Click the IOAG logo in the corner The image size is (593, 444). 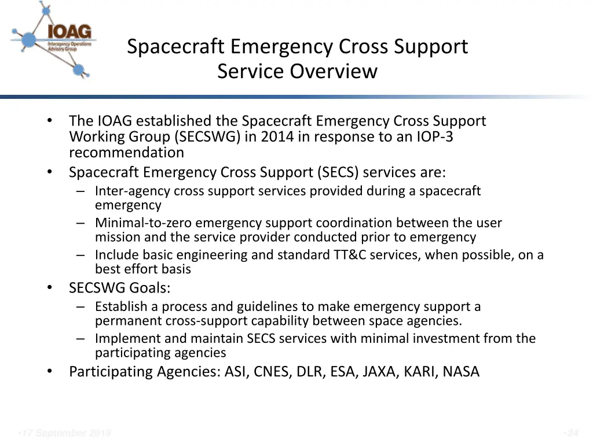53,40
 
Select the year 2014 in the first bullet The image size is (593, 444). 277,137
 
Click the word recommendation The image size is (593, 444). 126,153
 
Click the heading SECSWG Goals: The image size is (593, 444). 120,288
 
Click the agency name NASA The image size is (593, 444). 461,371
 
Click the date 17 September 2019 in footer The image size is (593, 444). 65,433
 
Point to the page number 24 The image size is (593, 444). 572,433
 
